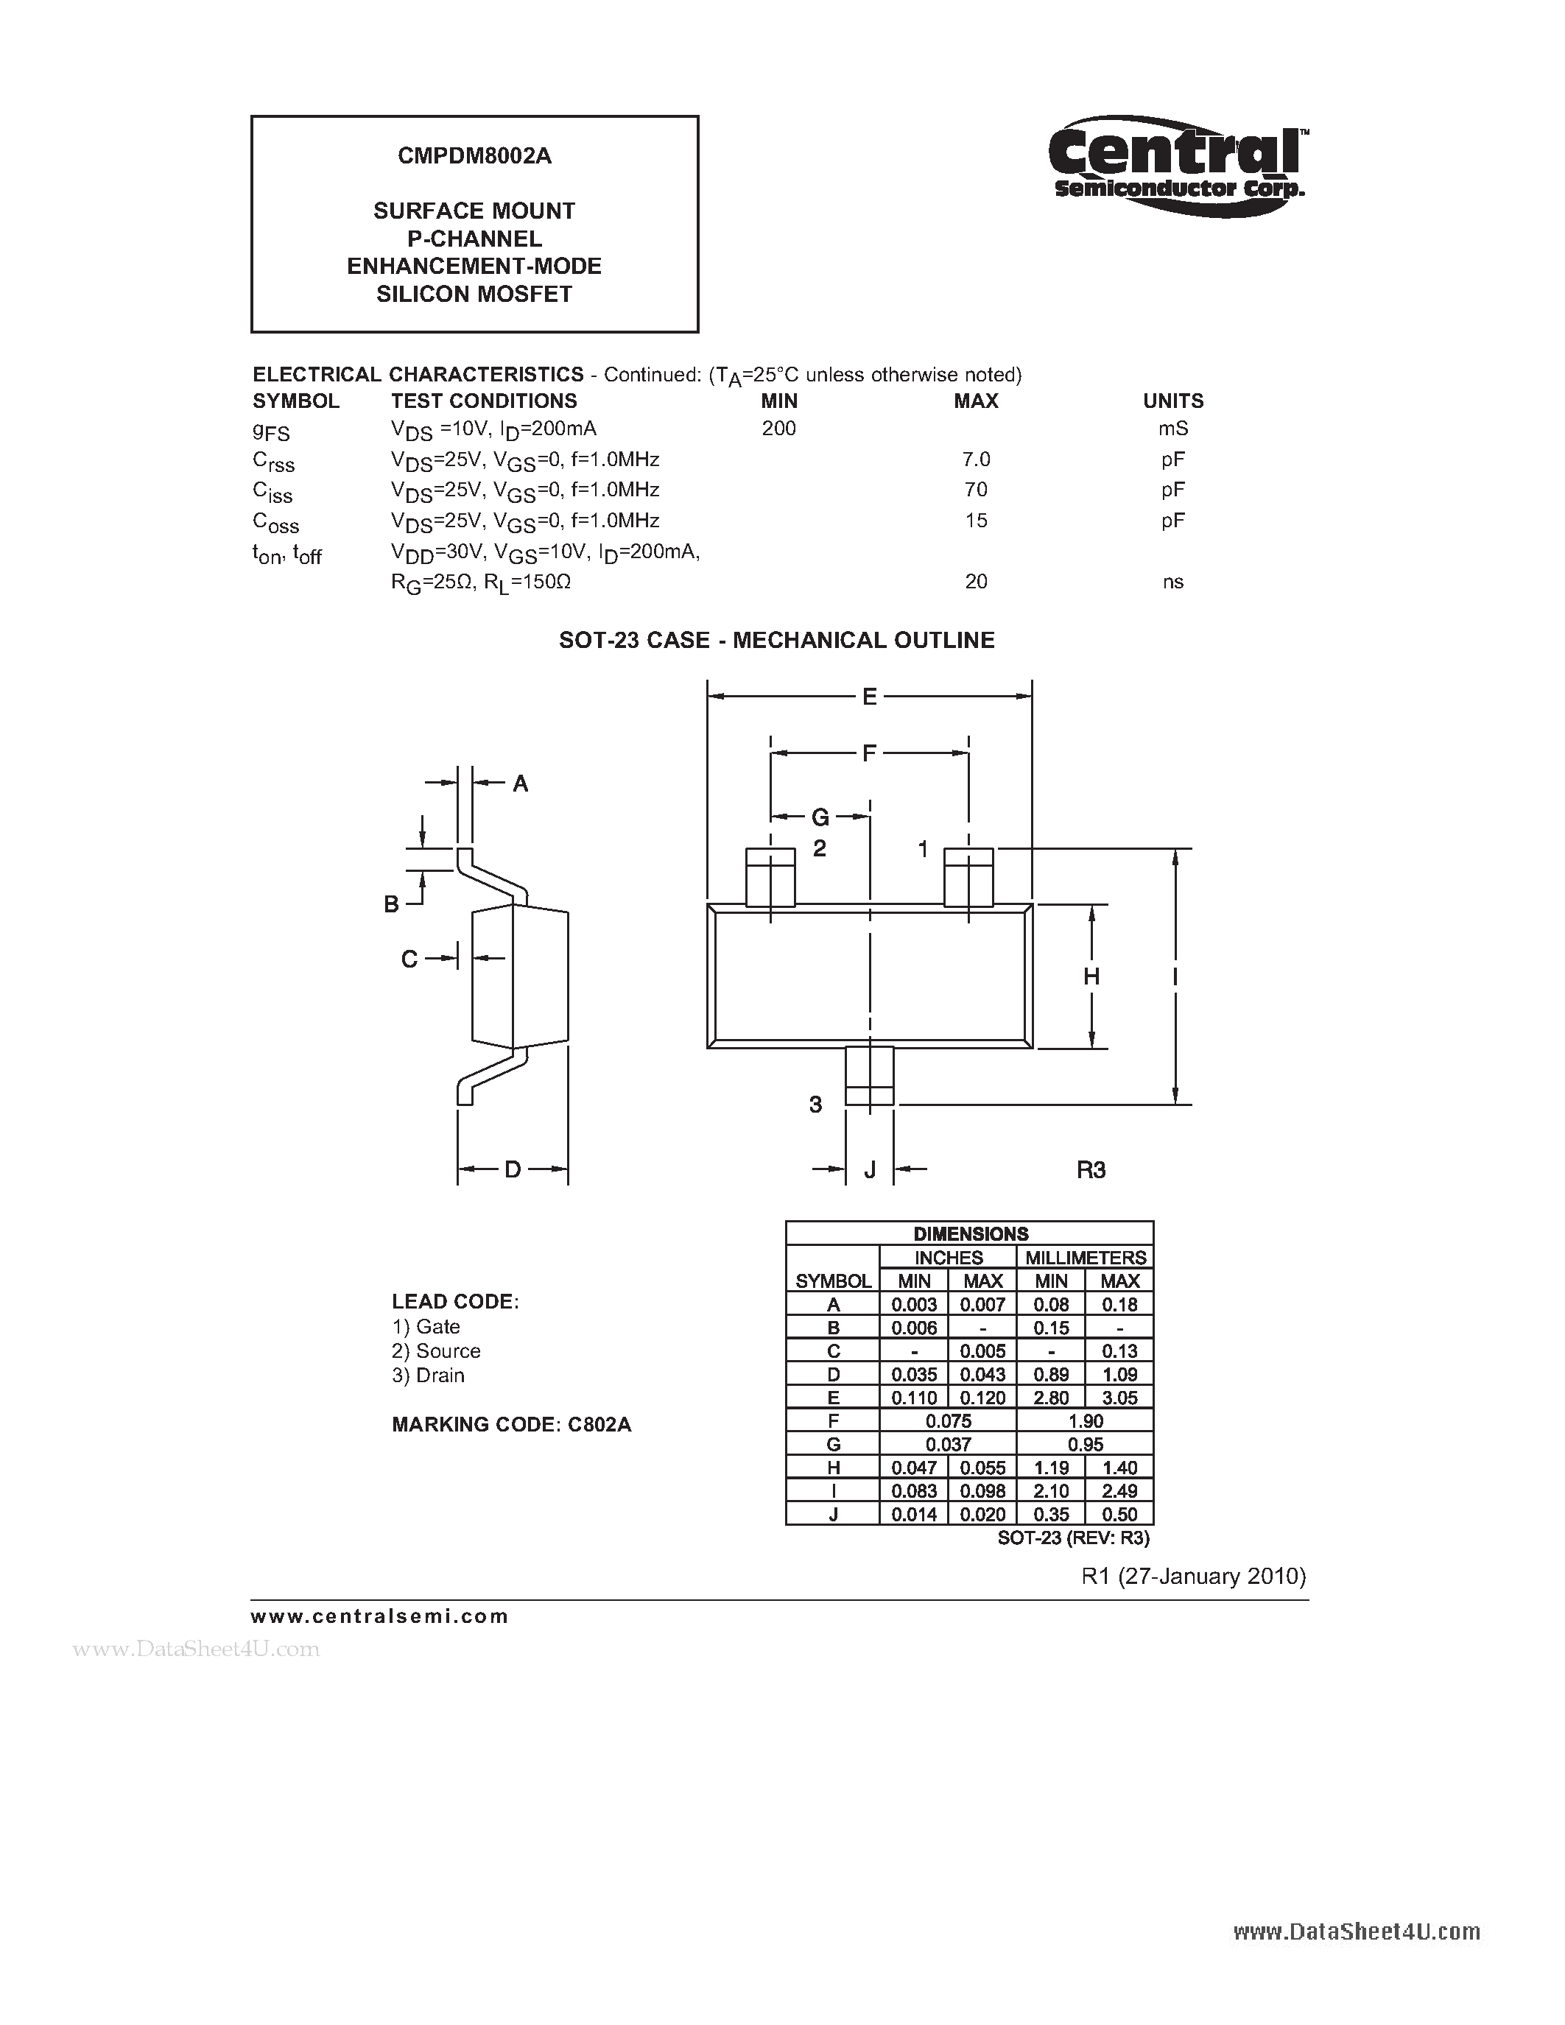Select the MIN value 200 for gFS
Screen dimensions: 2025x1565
[x=778, y=429]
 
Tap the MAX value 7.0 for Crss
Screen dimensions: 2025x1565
[x=977, y=459]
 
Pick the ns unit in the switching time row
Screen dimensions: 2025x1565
[x=1172, y=581]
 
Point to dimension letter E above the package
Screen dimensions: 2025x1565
[x=869, y=697]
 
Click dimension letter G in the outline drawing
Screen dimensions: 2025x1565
[x=820, y=817]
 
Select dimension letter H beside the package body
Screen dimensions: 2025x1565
[x=1091, y=976]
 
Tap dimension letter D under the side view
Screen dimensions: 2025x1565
[x=512, y=1169]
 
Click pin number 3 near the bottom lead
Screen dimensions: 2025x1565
[x=815, y=1105]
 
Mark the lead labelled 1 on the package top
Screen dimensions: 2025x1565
[x=968, y=876]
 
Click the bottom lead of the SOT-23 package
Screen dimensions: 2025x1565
[x=869, y=1076]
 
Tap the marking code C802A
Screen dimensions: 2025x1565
[x=599, y=1424]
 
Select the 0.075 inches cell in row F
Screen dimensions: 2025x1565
[x=949, y=1421]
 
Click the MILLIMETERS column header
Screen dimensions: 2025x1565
[x=1085, y=1257]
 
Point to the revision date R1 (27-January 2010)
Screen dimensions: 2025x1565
[x=1193, y=1577]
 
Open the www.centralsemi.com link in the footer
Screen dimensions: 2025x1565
[x=379, y=1616]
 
